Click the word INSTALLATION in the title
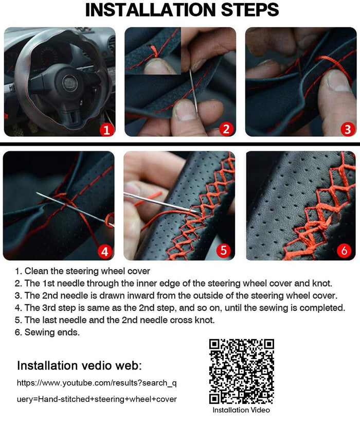[150, 10]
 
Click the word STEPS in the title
[250, 10]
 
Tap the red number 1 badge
[106, 130]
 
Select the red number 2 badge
[226, 129]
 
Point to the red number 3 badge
[348, 129]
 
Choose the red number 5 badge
[224, 250]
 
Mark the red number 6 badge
[344, 250]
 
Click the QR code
[241, 371]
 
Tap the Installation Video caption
[241, 410]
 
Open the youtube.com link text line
[97, 383]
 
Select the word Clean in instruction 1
[37, 271]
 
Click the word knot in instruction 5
[205, 320]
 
